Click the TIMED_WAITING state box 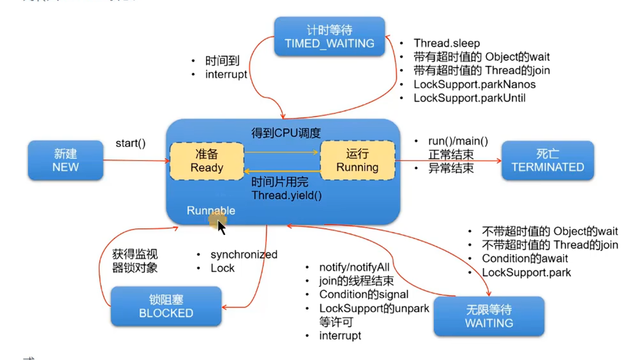(329, 37)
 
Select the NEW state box (65, 160)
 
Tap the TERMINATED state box (547, 160)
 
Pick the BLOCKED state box (166, 306)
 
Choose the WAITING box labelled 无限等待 (489, 316)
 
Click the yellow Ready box (207, 161)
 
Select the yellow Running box (357, 160)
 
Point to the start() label (131, 143)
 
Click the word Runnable (211, 211)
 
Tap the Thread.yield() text (287, 196)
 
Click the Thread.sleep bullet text (447, 43)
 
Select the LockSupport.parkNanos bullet (474, 84)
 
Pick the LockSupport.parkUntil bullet (469, 98)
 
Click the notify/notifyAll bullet (354, 267)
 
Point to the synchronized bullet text (244, 255)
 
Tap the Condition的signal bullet (363, 294)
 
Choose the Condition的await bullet (524, 259)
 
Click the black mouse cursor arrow (221, 227)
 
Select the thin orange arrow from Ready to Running (281, 152)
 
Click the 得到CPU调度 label (286, 133)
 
